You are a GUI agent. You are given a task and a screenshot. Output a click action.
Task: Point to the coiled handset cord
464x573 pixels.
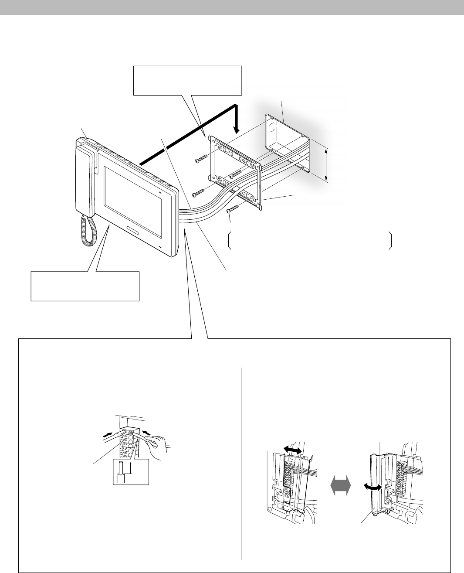pos(88,231)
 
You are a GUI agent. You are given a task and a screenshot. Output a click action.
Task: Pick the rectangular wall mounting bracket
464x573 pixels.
pos(236,172)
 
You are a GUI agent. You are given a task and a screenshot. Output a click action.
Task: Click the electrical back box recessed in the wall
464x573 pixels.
pos(288,144)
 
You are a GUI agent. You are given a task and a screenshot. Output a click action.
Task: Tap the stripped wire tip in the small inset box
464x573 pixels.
pos(123,469)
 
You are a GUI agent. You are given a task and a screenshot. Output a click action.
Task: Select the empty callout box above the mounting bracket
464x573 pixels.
pos(187,80)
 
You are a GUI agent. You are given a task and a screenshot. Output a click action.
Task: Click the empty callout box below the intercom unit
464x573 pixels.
pos(85,286)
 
